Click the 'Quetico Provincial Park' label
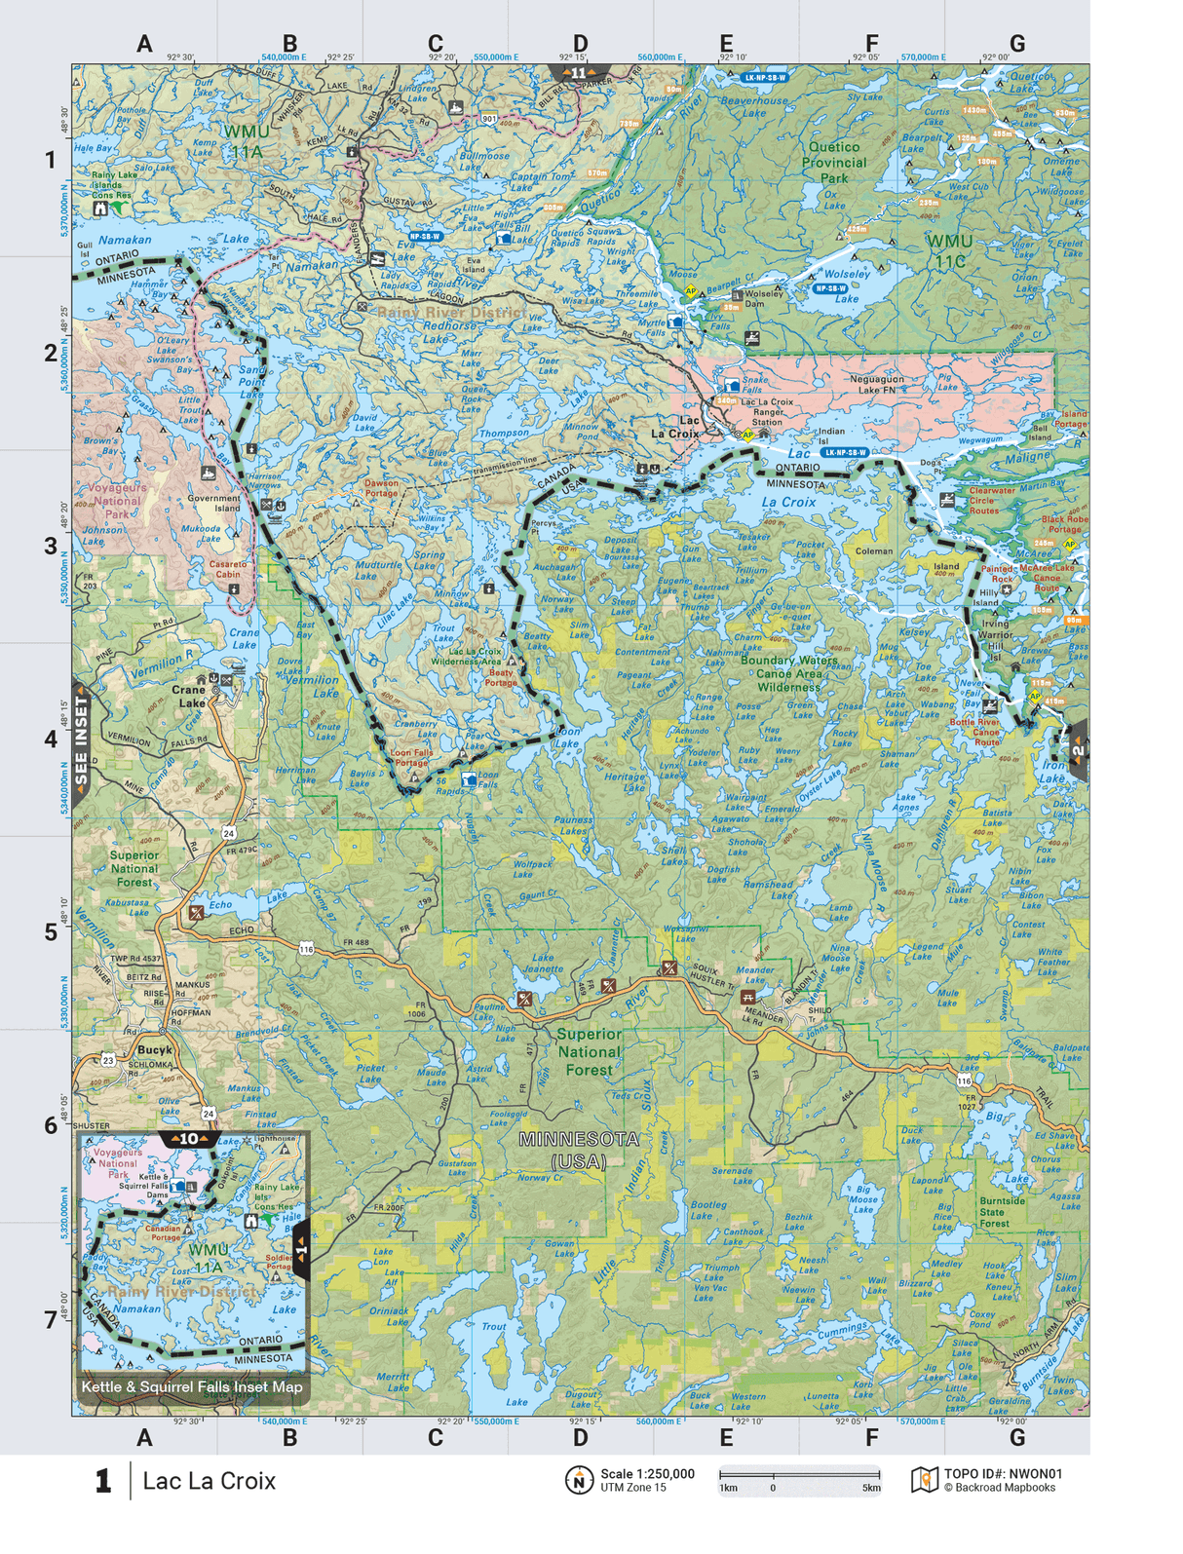pyautogui.click(x=834, y=163)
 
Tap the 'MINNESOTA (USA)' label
pyautogui.click(x=579, y=1150)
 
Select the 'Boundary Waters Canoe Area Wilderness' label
pyautogui.click(x=788, y=673)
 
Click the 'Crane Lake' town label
pyautogui.click(x=188, y=696)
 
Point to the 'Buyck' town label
pyautogui.click(x=154, y=1049)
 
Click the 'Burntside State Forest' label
pyautogui.click(x=1002, y=1212)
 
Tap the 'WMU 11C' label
pyautogui.click(x=948, y=249)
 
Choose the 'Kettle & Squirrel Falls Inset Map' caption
pyautogui.click(x=192, y=1386)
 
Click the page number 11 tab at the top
pyautogui.click(x=579, y=73)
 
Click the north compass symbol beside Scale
pyautogui.click(x=579, y=1480)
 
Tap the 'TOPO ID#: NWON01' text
pyautogui.click(x=1003, y=1474)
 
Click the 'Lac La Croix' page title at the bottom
pyautogui.click(x=210, y=1481)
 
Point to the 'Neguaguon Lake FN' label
pyautogui.click(x=876, y=384)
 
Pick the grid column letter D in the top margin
pyautogui.click(x=580, y=44)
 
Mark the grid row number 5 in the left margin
pyautogui.click(x=51, y=932)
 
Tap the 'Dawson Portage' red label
pyautogui.click(x=381, y=487)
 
